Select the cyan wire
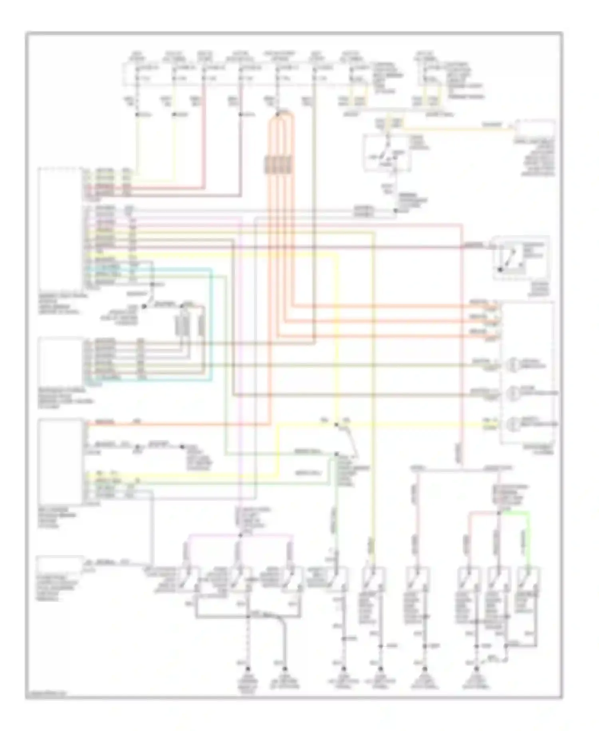tap(211, 320)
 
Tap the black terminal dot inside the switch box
tap(500, 270)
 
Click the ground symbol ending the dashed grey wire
tap(248, 669)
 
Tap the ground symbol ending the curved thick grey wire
tap(285, 669)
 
